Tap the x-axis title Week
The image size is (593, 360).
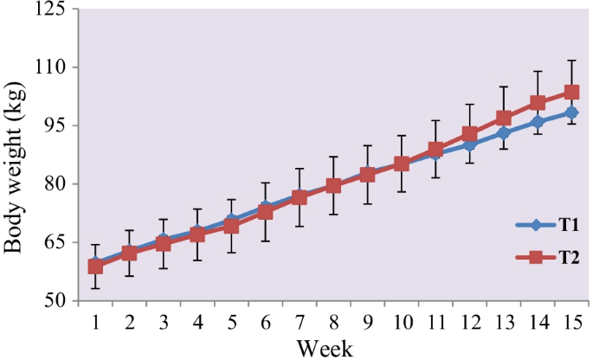click(325, 349)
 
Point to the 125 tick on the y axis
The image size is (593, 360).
click(54, 10)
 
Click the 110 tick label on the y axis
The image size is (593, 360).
click(54, 67)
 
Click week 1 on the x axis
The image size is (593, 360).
click(95, 322)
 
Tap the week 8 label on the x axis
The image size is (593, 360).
click(333, 322)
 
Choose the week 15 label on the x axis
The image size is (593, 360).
click(570, 322)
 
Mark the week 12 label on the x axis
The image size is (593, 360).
click(469, 322)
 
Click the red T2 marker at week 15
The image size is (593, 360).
click(571, 93)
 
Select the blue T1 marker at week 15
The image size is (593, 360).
click(571, 112)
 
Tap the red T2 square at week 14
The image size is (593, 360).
click(538, 103)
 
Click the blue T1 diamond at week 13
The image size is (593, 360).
click(504, 132)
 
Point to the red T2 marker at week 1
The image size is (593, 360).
click(95, 267)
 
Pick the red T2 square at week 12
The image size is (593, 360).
click(469, 134)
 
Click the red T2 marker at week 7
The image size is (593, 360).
click(300, 197)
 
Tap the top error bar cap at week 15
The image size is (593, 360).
click(571, 61)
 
